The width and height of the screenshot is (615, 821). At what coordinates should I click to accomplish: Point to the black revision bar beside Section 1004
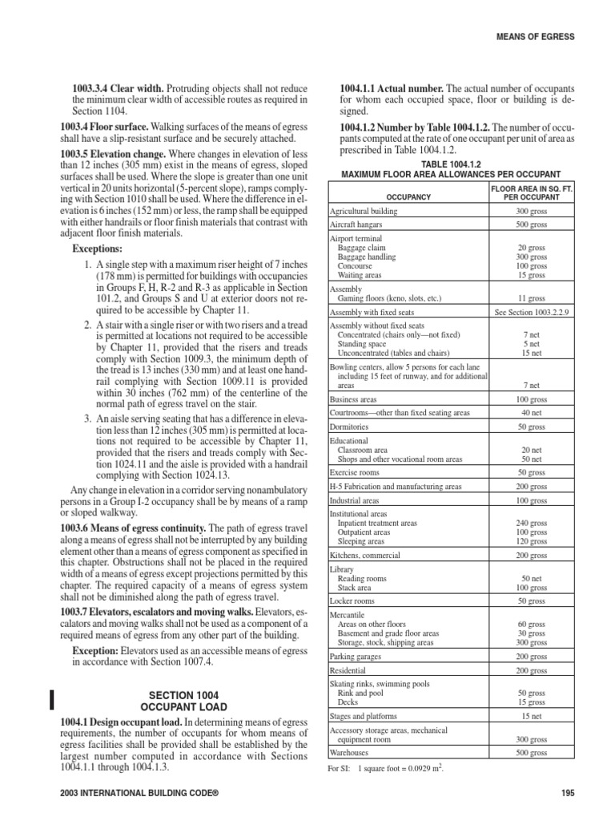tap(52, 699)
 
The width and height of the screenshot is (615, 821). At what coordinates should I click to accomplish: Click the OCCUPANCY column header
tap(408, 196)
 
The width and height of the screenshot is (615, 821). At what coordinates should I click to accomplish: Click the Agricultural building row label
tap(364, 212)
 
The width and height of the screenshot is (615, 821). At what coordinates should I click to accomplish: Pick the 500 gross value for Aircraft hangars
tap(532, 226)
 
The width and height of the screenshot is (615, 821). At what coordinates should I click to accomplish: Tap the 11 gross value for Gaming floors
tap(532, 298)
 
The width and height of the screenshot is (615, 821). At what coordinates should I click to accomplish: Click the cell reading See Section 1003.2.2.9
tap(532, 313)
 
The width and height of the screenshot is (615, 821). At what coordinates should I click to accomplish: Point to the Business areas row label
tap(356, 398)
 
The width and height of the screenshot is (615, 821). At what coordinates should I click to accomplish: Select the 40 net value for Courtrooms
tap(532, 413)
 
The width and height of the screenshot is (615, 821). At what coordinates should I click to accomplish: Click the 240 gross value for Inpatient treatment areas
tap(532, 523)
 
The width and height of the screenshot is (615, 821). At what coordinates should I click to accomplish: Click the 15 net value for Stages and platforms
tap(532, 715)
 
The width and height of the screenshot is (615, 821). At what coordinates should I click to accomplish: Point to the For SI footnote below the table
tap(384, 769)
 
